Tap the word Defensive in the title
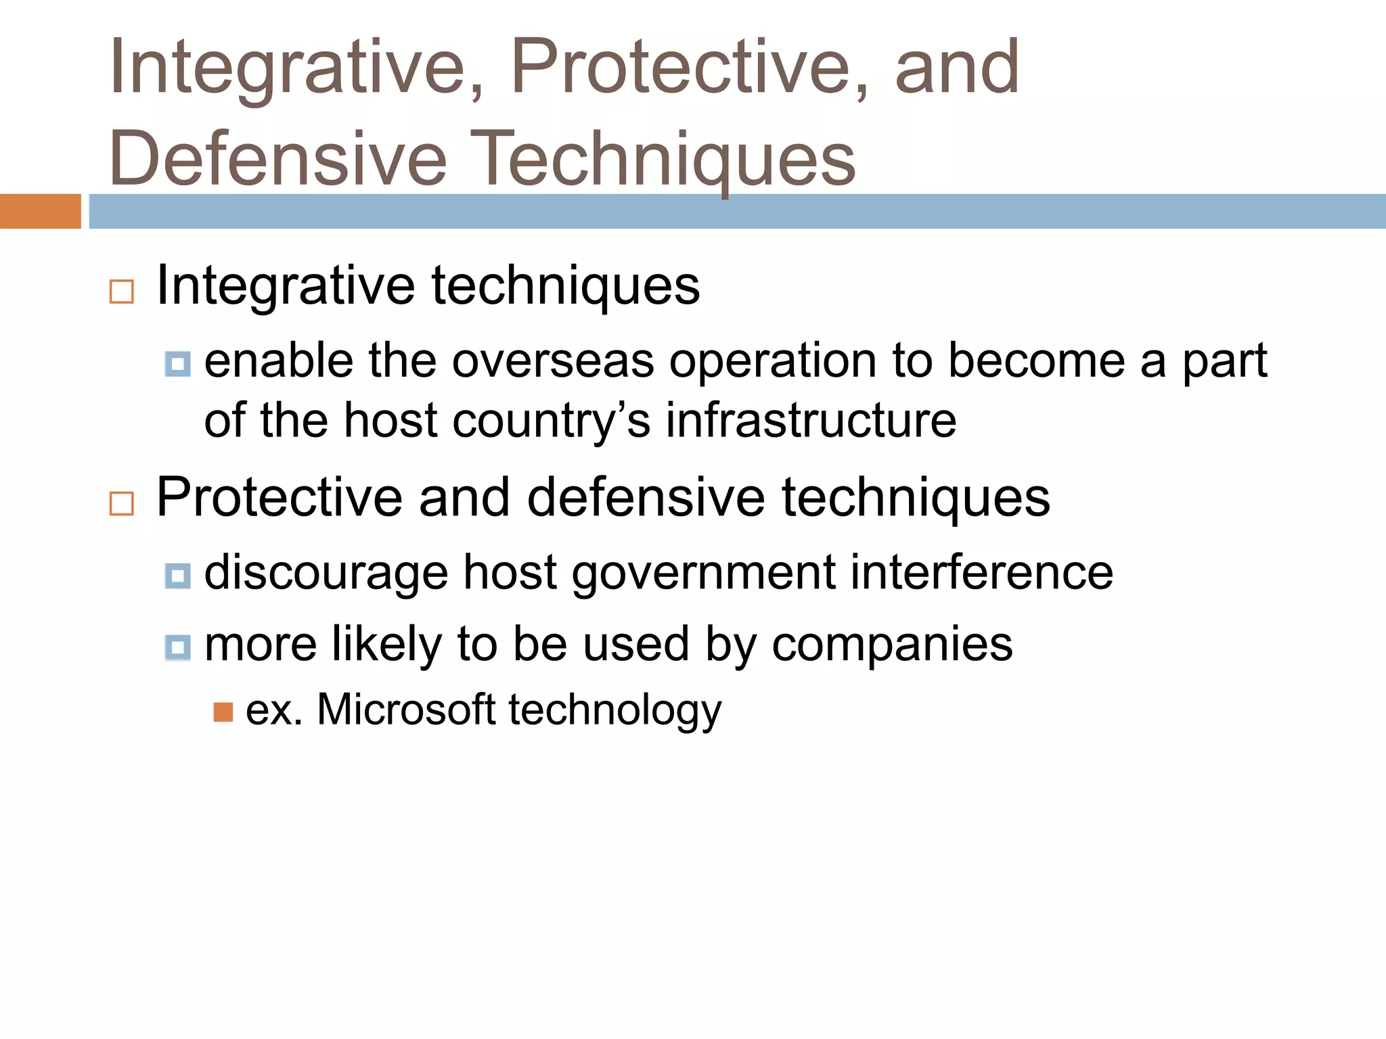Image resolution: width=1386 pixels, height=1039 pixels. pyautogui.click(x=277, y=159)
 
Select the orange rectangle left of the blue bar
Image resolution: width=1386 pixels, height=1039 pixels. pyautogui.click(x=40, y=211)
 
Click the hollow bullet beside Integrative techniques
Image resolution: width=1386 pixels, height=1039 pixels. pyautogui.click(x=122, y=292)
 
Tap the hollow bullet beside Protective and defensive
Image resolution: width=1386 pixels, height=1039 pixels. pyautogui.click(x=122, y=504)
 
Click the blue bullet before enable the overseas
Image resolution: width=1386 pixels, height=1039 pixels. pyautogui.click(x=177, y=365)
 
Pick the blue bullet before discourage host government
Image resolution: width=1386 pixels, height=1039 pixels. pyautogui.click(x=177, y=576)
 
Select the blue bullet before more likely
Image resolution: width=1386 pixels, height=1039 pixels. pyautogui.click(x=177, y=647)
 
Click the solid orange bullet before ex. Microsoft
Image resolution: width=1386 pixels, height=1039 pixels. pyautogui.click(x=223, y=712)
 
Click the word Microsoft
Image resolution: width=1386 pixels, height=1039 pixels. pyautogui.click(x=406, y=710)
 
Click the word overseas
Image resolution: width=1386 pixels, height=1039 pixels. pyautogui.click(x=553, y=361)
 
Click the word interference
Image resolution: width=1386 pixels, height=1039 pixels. pyautogui.click(x=981, y=573)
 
